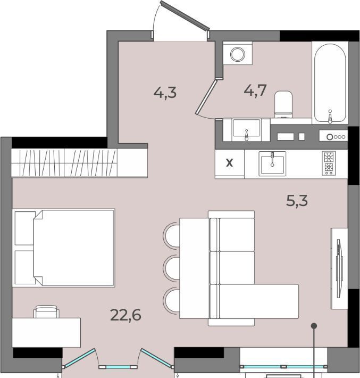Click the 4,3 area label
pos(165,93)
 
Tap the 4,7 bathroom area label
pos(255,91)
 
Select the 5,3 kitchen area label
pos(297,201)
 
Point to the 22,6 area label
pos(125,315)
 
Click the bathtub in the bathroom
pos(330,83)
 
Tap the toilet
pos(283,104)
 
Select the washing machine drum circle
pos(238,54)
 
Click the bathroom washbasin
pos(246,130)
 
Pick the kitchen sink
pos(272,163)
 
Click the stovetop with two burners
pos(329,163)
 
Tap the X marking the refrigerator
pos(230,163)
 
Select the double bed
pos(64,248)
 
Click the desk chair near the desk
pos(46,311)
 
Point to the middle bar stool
pos(171,268)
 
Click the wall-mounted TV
pos(339,268)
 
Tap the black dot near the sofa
pos(314,326)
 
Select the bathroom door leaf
pos(206,97)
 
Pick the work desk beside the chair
pos(46,332)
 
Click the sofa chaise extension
pos(259,301)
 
